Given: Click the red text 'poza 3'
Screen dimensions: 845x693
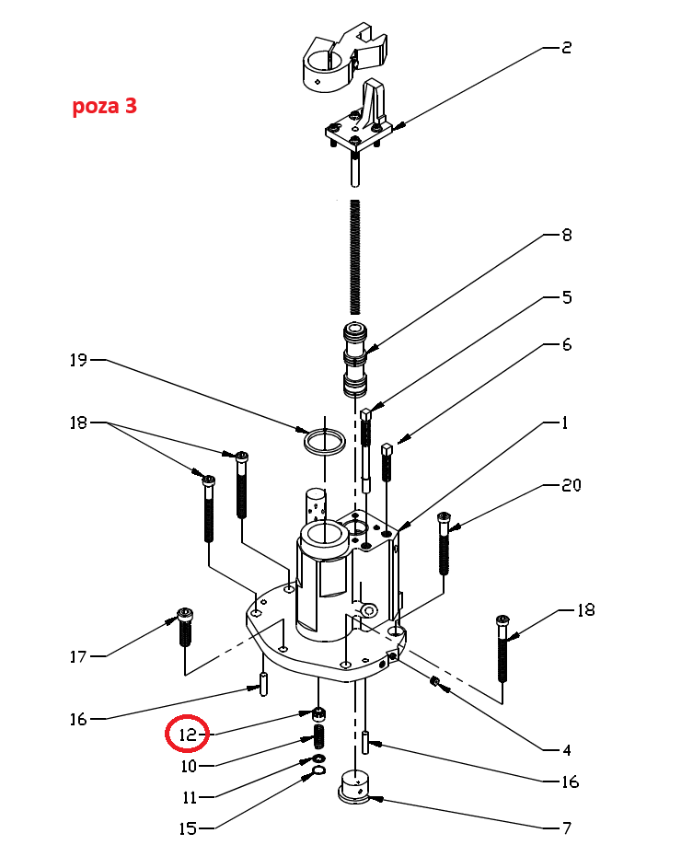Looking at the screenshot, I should coord(105,106).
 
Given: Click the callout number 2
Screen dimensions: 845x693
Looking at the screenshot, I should coord(566,47).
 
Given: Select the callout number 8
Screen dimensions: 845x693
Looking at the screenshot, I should coord(566,235).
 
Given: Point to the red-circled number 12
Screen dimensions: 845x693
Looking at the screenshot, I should coord(187,735).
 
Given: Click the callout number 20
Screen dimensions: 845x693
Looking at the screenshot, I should coord(571,485).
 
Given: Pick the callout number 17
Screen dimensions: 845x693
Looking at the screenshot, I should coord(78,656).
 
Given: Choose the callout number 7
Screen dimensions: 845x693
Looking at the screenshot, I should coord(566,828).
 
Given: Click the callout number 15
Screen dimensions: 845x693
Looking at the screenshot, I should coord(187,828).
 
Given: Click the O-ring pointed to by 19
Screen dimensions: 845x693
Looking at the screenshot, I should coord(325,440).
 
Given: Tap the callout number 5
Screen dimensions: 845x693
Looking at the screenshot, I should coord(566,297).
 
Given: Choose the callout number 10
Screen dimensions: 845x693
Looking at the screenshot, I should coord(187,765).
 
